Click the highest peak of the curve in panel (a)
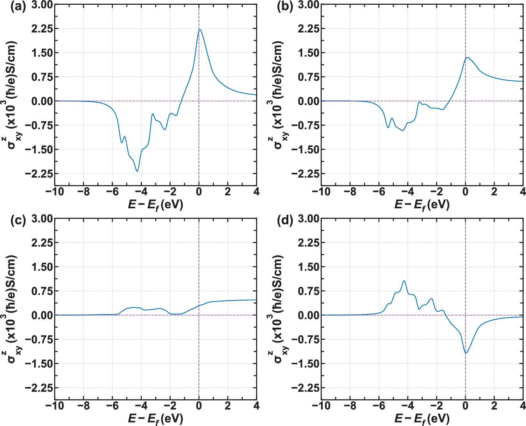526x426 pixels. coord(200,30)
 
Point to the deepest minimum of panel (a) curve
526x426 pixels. coord(137,171)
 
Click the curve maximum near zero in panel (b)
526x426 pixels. coord(467,57)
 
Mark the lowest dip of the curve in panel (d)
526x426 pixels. coord(466,353)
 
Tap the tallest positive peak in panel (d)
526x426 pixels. coord(404,281)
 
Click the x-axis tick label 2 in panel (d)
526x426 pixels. coord(494,406)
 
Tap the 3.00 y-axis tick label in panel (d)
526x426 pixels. coord(308,218)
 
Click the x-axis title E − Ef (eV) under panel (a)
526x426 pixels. coord(155,204)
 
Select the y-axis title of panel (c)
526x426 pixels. coord(13,308)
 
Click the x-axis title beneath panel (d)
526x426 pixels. coord(422,419)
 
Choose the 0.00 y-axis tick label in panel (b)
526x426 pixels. coord(308,101)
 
